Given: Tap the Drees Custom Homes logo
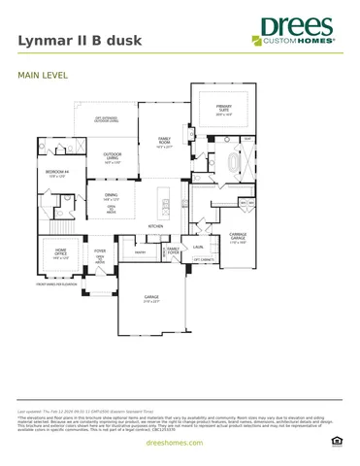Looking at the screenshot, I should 295,31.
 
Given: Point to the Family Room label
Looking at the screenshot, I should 165,144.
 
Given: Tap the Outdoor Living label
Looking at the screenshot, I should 113,158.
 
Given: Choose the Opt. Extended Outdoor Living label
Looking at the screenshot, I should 107,119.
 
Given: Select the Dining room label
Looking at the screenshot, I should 112,198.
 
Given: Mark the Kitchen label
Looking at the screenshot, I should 154,226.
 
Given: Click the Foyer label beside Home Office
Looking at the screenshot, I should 100,251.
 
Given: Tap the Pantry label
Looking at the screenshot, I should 140,252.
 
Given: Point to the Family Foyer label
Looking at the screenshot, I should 173,250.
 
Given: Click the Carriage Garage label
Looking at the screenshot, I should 238,236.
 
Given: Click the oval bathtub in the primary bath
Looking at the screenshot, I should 231,163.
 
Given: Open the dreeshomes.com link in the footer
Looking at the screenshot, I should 180,442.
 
